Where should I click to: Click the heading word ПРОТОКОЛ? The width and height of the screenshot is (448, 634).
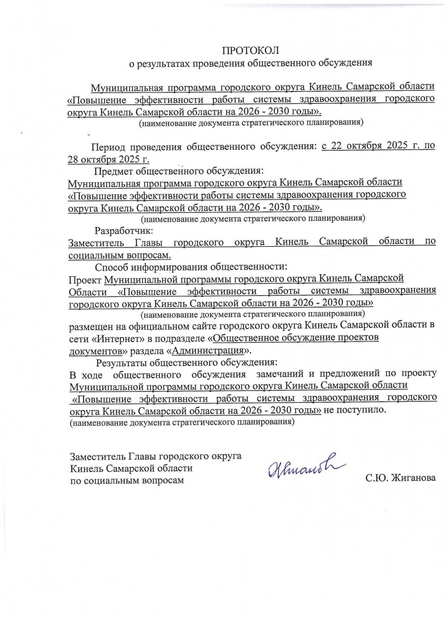(x=249, y=50)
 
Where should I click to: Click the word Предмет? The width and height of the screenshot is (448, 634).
(x=114, y=171)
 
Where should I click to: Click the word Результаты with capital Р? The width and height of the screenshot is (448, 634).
(x=121, y=363)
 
